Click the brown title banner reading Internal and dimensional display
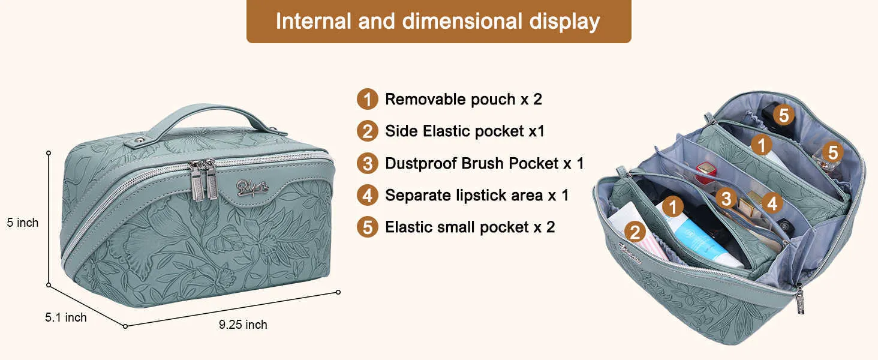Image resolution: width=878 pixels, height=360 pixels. click(438, 21)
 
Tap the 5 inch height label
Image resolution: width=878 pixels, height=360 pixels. click(23, 223)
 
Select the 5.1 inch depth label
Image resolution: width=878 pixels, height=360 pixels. click(65, 317)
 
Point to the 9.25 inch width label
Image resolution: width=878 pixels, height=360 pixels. click(243, 325)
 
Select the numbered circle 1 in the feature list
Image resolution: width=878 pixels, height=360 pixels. click(367, 99)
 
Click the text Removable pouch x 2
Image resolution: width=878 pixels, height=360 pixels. click(464, 100)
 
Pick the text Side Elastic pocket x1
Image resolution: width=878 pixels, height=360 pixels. click(465, 131)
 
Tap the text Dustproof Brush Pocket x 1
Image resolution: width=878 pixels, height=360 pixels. click(485, 164)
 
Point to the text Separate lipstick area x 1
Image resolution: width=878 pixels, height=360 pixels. click(477, 195)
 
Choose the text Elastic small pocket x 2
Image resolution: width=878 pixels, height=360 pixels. click(470, 227)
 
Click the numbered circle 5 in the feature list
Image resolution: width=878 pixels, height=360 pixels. click(367, 227)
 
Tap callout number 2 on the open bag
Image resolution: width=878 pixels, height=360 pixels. click(635, 232)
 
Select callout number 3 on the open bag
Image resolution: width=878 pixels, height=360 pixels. click(726, 199)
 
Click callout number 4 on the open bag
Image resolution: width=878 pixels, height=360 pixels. click(772, 203)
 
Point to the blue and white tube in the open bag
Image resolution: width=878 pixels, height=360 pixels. click(702, 240)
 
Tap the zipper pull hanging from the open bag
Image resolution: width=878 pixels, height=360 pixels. click(799, 299)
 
